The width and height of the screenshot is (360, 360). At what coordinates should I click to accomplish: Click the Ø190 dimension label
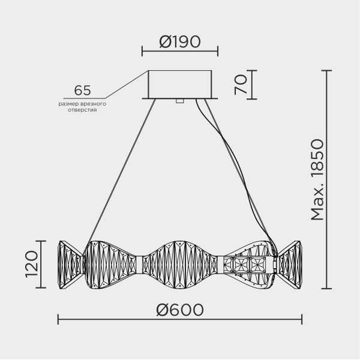pyautogui.click(x=180, y=42)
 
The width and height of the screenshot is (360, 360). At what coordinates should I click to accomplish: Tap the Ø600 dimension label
pyautogui.click(x=180, y=310)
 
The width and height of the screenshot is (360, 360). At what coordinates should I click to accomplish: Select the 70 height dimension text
pyautogui.click(x=241, y=85)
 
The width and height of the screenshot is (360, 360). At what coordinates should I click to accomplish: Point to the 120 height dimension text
pyautogui.click(x=32, y=264)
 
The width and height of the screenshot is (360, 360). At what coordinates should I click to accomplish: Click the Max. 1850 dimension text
pyautogui.click(x=317, y=179)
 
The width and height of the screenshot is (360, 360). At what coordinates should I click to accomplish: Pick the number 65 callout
pyautogui.click(x=82, y=90)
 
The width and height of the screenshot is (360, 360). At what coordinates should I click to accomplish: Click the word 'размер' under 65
pyautogui.click(x=66, y=104)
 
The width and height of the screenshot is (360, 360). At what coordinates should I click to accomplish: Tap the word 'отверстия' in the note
pyautogui.click(x=82, y=110)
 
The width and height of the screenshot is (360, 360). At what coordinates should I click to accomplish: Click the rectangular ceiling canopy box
pyautogui.click(x=180, y=84)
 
